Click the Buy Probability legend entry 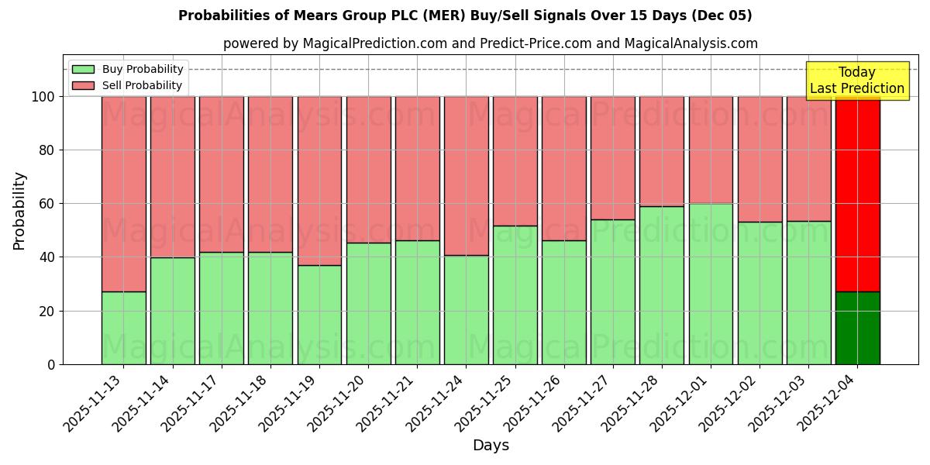[x=128, y=69]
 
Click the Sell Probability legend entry [x=128, y=85]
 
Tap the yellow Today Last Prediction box [x=856, y=81]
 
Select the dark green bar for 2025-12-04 [x=857, y=328]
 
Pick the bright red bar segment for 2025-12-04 [x=857, y=194]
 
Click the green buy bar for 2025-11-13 [x=123, y=328]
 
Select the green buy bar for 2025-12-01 [x=711, y=284]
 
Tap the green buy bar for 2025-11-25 [x=515, y=294]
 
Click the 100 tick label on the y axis [x=42, y=97]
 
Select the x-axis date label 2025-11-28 [x=632, y=402]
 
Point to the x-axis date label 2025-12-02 [x=730, y=402]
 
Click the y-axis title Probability [x=19, y=211]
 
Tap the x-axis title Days [x=491, y=446]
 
